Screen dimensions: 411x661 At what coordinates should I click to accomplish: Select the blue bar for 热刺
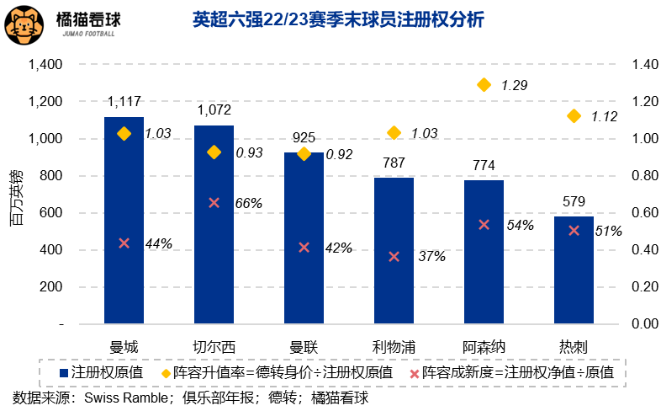574,270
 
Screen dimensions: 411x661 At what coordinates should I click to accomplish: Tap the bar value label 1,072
214,110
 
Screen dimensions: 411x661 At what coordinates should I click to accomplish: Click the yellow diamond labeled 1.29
484,84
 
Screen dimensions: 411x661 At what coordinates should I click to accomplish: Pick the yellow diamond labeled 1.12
574,116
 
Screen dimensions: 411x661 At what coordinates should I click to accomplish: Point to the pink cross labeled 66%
214,202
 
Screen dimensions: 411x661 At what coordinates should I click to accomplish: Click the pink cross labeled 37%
394,256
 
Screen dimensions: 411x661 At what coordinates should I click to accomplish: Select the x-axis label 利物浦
394,346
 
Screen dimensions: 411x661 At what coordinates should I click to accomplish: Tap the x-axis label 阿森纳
484,346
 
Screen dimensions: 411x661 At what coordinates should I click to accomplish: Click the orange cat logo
25,25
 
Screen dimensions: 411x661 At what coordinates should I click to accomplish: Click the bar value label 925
304,136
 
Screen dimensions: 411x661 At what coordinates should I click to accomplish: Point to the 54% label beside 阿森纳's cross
521,226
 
